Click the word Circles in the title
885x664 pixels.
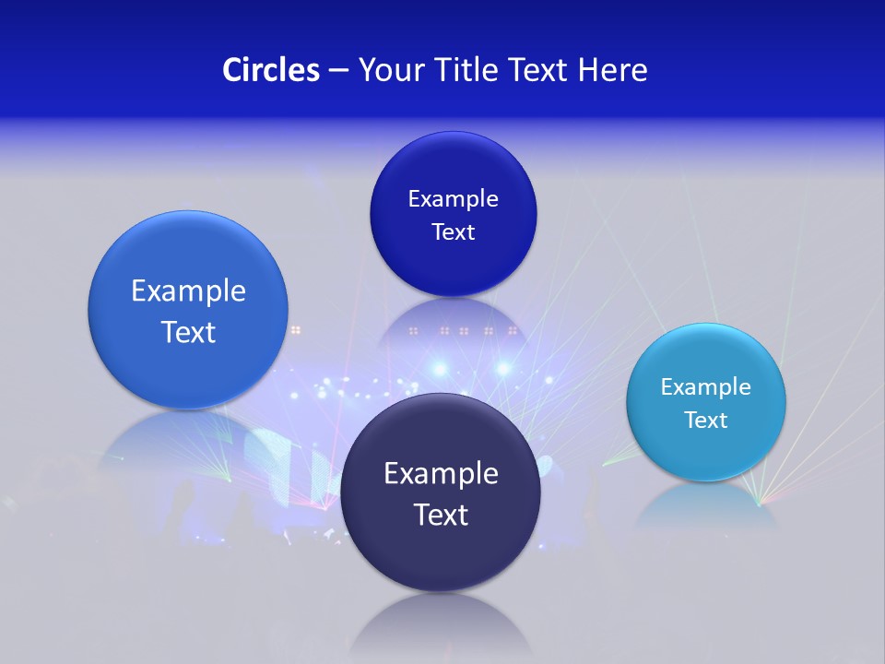[x=270, y=70]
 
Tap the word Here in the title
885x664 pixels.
[x=612, y=70]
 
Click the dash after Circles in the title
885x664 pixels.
[x=338, y=71]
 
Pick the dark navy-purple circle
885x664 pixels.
[x=441, y=553]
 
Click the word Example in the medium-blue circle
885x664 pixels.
[x=188, y=291]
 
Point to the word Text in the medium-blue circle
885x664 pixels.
[x=188, y=332]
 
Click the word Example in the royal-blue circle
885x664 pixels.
[x=453, y=199]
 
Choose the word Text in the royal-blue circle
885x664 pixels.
[x=453, y=231]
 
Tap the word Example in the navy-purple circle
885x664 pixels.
[x=441, y=474]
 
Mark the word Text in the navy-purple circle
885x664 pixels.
[x=441, y=515]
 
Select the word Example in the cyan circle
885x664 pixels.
[x=706, y=387]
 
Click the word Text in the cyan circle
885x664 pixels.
[x=706, y=421]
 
